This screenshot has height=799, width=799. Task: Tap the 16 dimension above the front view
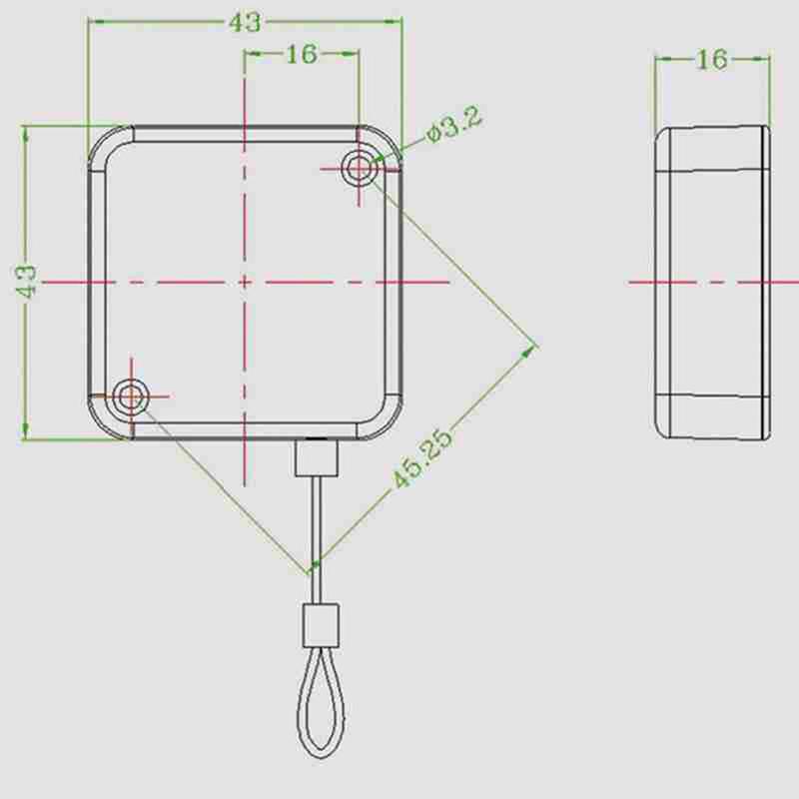[x=300, y=54]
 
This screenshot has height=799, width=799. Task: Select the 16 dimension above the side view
[x=711, y=60]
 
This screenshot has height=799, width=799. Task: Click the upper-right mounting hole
[x=358, y=169]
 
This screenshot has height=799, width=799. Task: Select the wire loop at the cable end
[x=320, y=699]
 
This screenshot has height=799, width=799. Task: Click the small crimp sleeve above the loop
[x=320, y=625]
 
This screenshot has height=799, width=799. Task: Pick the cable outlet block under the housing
[x=318, y=460]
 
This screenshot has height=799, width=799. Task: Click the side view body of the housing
[x=711, y=282]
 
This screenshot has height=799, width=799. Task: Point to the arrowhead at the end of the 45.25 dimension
[x=531, y=351]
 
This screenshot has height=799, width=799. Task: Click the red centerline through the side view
[x=699, y=282]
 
